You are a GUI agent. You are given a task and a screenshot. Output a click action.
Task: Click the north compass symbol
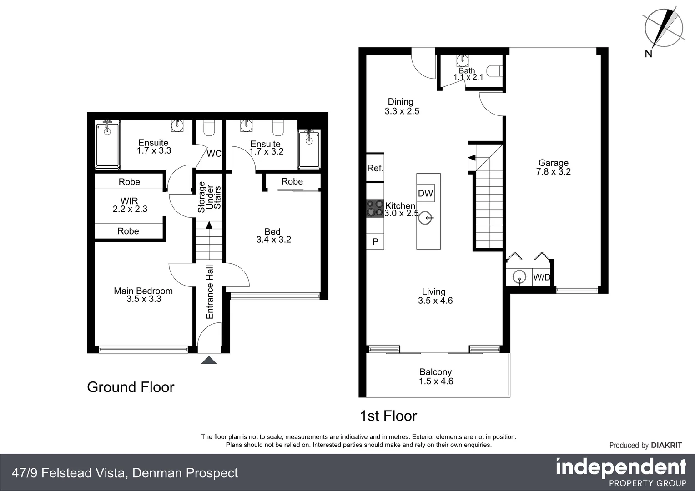(664, 28)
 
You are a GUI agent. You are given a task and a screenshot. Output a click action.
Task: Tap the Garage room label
(553, 163)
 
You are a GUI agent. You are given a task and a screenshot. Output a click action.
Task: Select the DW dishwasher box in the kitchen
(425, 193)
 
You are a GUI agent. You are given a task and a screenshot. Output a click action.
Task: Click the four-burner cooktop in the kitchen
(375, 208)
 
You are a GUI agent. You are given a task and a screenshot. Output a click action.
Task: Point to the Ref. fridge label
(375, 168)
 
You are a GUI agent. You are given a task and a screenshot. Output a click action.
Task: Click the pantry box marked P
(375, 241)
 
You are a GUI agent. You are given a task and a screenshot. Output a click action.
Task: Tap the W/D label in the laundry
(541, 277)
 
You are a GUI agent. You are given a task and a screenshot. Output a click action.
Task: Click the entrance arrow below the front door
(209, 361)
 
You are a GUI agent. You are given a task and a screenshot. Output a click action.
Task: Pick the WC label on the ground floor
(214, 154)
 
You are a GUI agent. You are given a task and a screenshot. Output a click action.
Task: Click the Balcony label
(436, 372)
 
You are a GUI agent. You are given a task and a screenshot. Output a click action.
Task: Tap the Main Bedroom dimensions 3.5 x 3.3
(144, 299)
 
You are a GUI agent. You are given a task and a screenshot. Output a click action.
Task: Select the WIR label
(129, 201)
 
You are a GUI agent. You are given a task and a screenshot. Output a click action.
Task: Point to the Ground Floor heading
(131, 387)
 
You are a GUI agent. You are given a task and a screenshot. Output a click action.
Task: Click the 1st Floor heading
(388, 416)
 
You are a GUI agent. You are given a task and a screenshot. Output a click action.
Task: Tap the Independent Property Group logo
(621, 472)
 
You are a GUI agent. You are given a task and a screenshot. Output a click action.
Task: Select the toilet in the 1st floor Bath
(494, 71)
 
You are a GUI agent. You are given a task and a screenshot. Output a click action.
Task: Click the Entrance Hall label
(210, 292)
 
